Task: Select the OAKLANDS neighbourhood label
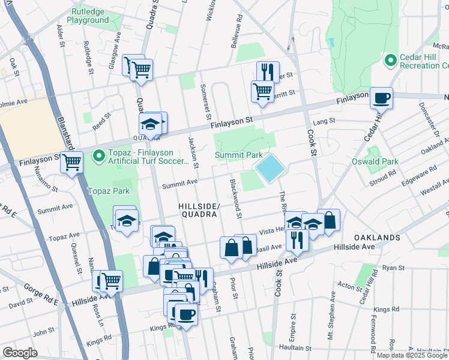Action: (376, 238)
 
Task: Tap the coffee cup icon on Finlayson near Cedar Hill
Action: (381, 97)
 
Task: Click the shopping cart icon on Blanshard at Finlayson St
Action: (72, 161)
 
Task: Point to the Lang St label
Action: (324, 122)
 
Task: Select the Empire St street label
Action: (294, 324)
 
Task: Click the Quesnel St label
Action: (77, 258)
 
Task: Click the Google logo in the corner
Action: (20, 352)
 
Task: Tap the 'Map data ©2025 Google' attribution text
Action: (411, 355)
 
